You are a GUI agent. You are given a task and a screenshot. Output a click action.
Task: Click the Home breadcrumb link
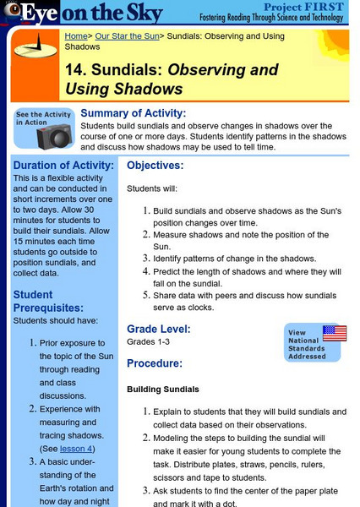(x=76, y=36)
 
